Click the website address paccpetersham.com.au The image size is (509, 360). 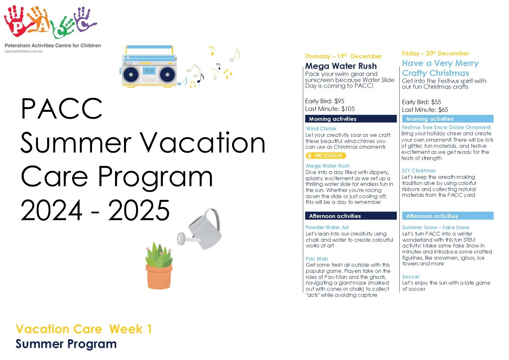pyautogui.click(x=23, y=51)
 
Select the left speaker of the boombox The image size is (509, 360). pyautogui.click(x=131, y=75)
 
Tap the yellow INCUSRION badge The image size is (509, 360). pyautogui.click(x=326, y=155)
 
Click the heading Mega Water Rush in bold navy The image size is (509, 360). pyautogui.click(x=341, y=66)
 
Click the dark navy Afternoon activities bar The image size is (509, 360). pyautogui.click(x=351, y=216)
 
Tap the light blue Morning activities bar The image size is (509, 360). pyautogui.click(x=447, y=119)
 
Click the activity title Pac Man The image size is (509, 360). pyautogui.click(x=317, y=259)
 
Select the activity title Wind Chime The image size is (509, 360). pyautogui.click(x=321, y=129)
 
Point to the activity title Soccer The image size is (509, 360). pyautogui.click(x=411, y=277)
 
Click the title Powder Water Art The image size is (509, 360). pyautogui.click(x=327, y=227)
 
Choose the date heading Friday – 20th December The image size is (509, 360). pyautogui.click(x=435, y=53)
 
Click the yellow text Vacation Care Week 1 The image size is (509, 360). pyautogui.click(x=83, y=329)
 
